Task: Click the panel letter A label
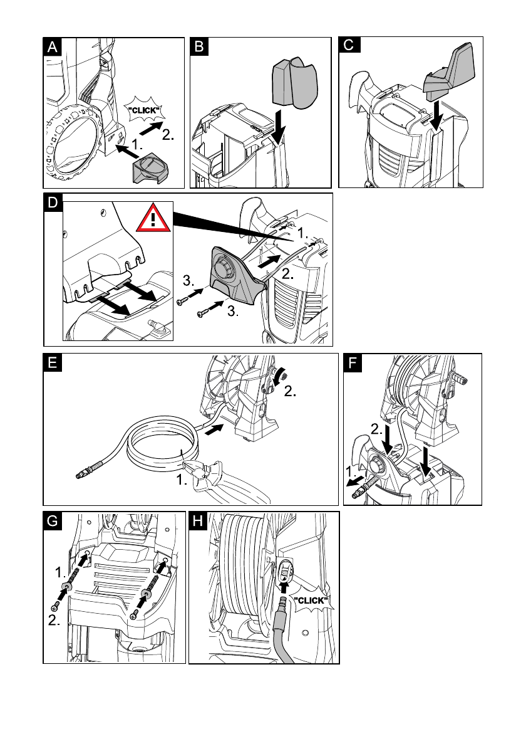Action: click(x=52, y=46)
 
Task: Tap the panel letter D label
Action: click(x=52, y=202)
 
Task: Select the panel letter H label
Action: click(x=198, y=521)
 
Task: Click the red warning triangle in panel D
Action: click(x=153, y=218)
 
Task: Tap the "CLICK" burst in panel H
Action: click(x=311, y=601)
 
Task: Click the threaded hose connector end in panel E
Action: click(x=91, y=469)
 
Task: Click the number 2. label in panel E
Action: click(x=291, y=391)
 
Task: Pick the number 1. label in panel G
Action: click(x=61, y=571)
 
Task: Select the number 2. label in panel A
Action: click(x=168, y=135)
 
